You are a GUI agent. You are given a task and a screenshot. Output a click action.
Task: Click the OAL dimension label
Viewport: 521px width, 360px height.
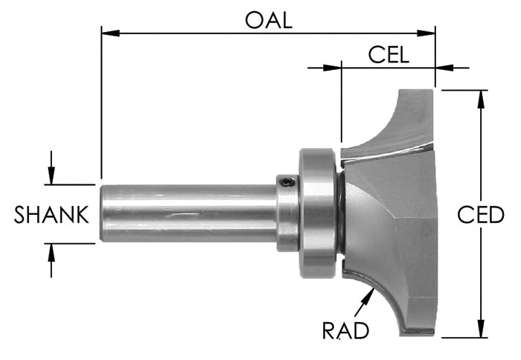(269, 20)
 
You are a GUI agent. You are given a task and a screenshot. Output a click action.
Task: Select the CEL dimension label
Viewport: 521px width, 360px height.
(389, 55)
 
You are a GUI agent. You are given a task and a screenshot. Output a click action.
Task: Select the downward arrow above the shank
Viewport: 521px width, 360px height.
(51, 176)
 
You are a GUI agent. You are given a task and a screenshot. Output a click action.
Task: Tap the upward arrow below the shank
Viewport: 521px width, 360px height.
(51, 252)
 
